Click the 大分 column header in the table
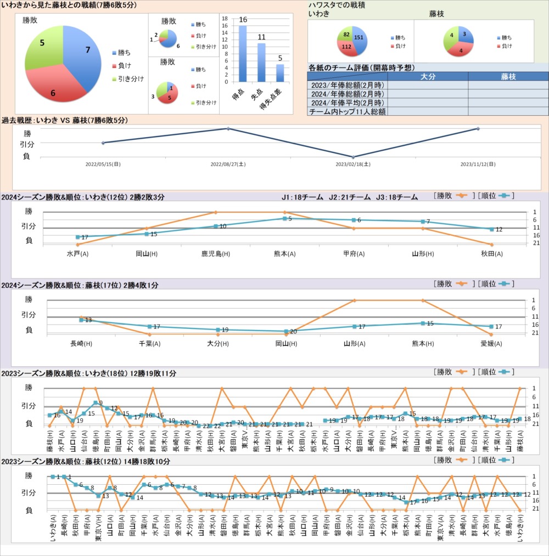pyautogui.click(x=428, y=77)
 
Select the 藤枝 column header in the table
pyautogui.click(x=508, y=77)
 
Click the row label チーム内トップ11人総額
pyautogui.click(x=347, y=111)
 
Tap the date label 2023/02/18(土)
pyautogui.click(x=352, y=164)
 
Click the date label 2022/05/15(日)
pyautogui.click(x=103, y=164)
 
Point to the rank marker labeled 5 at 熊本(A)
pyautogui.click(x=285, y=218)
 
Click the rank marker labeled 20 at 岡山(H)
pyautogui.click(x=286, y=331)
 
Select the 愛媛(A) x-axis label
pyautogui.click(x=491, y=344)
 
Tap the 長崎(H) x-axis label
pyautogui.click(x=81, y=344)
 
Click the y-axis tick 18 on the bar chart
pyautogui.click(x=225, y=18)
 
